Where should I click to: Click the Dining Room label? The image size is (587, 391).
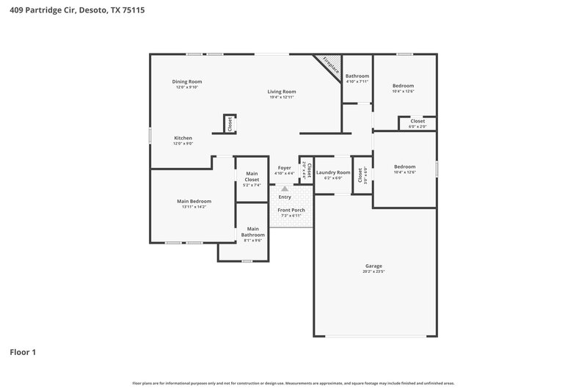pos(187,81)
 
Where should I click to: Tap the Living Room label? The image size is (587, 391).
pos(281,92)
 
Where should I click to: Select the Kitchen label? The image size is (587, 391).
pos(183,138)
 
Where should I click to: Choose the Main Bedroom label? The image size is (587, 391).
pos(194,201)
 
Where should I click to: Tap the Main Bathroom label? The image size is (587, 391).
pos(252,231)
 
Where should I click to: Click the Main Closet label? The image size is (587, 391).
pos(252,177)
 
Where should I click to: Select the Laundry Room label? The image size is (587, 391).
pos(333,172)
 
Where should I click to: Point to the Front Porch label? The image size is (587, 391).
pos(291,211)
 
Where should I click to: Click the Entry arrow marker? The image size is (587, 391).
pos(285,188)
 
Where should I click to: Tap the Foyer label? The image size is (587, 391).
pos(284,168)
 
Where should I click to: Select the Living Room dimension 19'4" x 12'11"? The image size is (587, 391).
pos(281,98)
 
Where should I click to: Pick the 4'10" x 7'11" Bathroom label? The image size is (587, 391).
pos(357,76)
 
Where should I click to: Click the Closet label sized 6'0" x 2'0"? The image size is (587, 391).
pos(417,121)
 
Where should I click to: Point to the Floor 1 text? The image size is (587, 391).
pos(23,352)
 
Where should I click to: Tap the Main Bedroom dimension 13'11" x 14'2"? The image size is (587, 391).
pos(194,207)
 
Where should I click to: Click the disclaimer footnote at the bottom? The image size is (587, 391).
pos(293,383)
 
